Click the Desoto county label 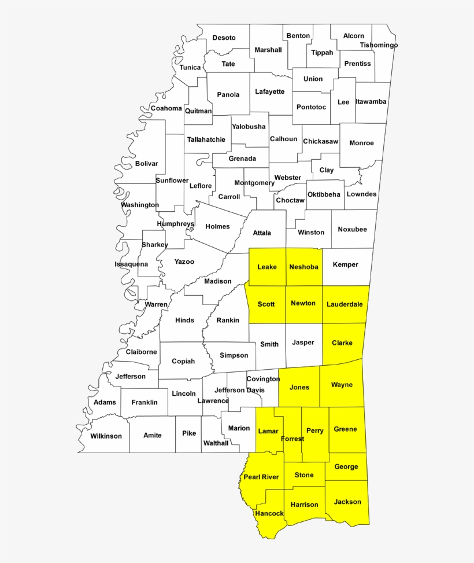point(224,38)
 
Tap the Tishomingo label point(379,45)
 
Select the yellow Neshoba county point(303,267)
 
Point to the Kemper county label point(346,265)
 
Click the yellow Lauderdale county point(344,304)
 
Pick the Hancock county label point(269,514)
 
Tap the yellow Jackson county point(347,502)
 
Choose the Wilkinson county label point(106,436)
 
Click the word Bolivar point(146,164)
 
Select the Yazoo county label point(184,262)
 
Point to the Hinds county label point(184,320)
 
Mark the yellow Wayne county point(342,385)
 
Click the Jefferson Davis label point(237,390)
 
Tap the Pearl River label point(261,477)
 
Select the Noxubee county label point(352,230)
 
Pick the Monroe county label point(362,143)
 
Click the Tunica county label point(190,68)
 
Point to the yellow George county point(346,467)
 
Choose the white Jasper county point(303,343)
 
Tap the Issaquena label point(131,264)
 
